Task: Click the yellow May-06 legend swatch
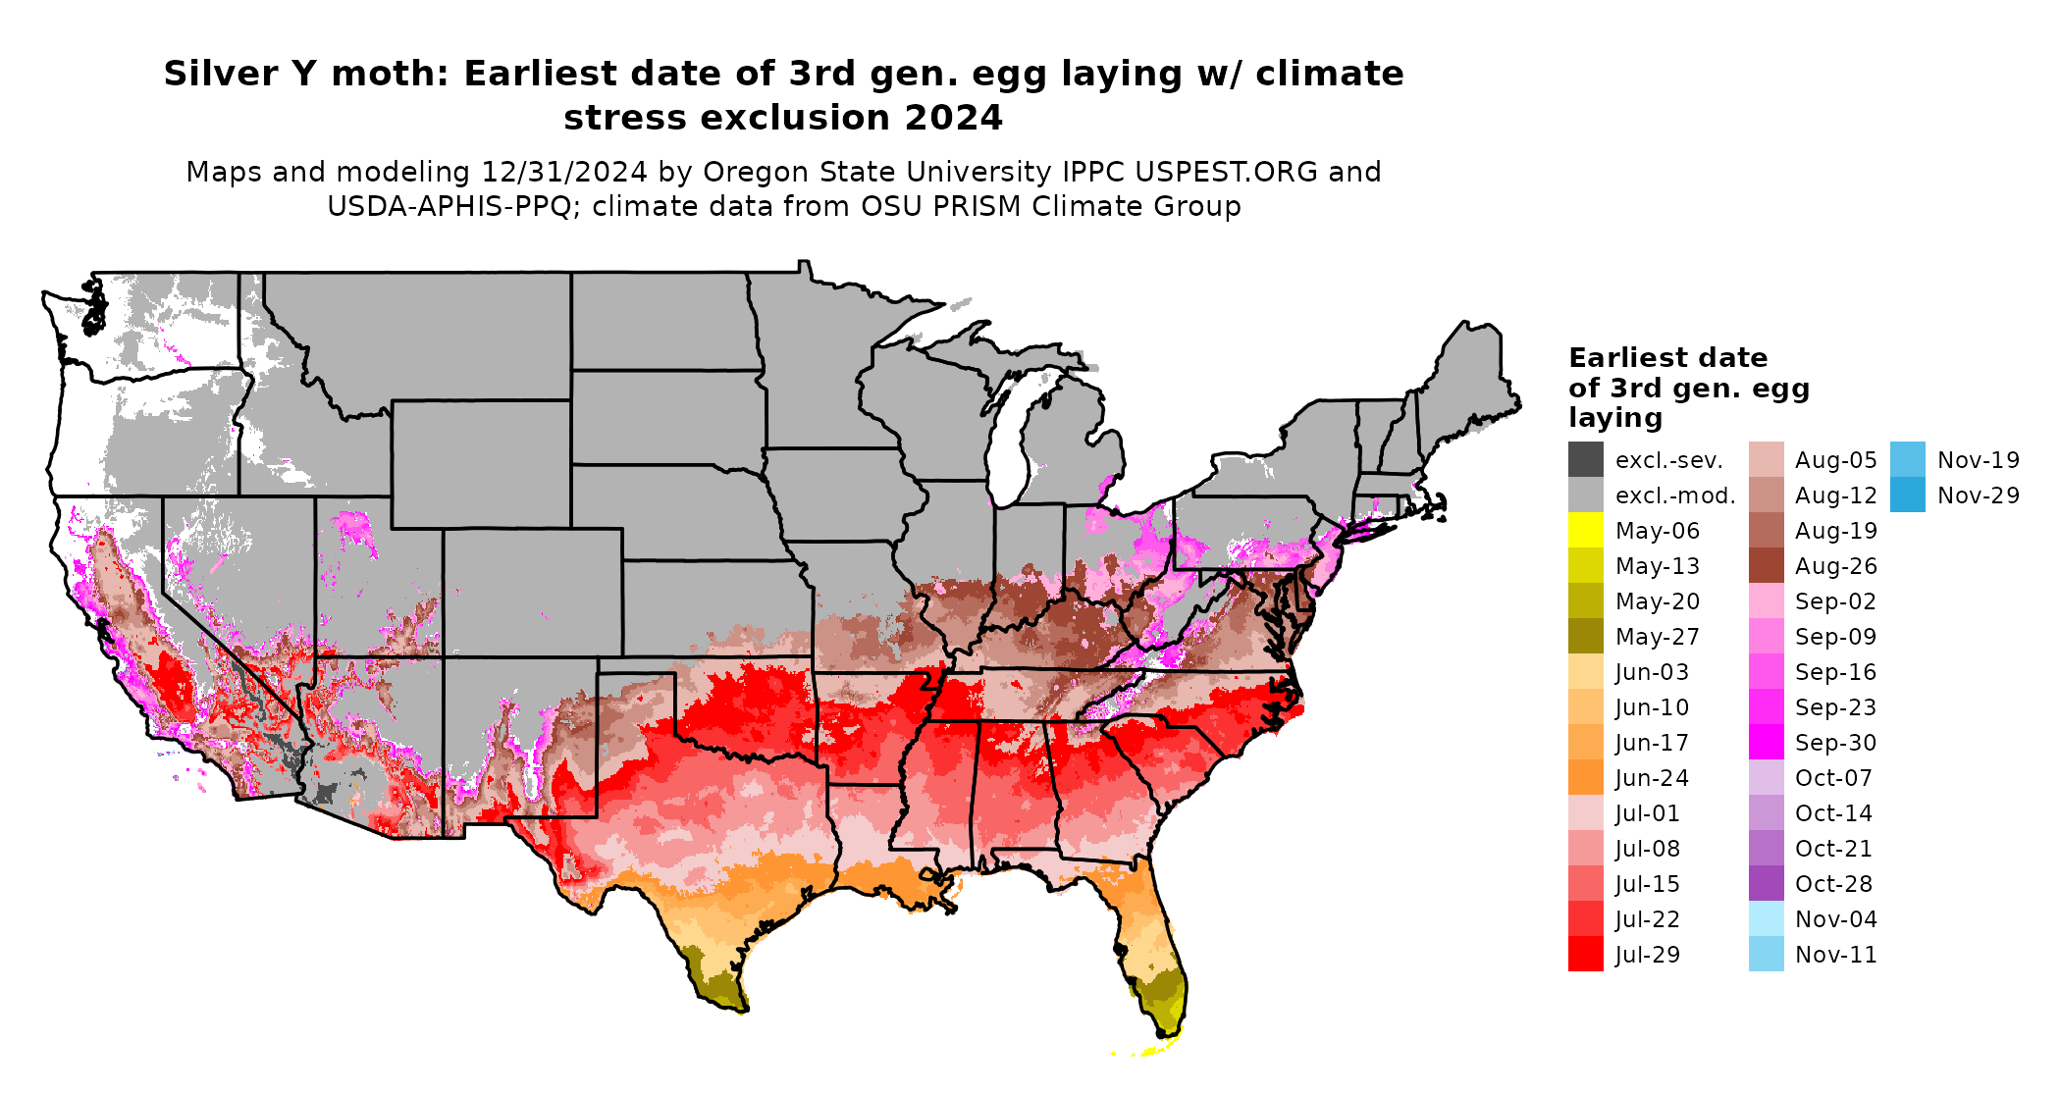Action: pyautogui.click(x=1585, y=531)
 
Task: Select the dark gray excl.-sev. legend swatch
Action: pyautogui.click(x=1585, y=460)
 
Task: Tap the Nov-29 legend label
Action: pyautogui.click(x=1978, y=495)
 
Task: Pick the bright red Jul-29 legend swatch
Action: pyautogui.click(x=1585, y=955)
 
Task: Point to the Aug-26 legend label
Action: pyautogui.click(x=1835, y=566)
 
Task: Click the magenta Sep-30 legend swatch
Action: pyautogui.click(x=1766, y=743)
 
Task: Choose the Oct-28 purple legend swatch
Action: pyautogui.click(x=1766, y=884)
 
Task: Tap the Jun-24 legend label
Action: pyautogui.click(x=1652, y=778)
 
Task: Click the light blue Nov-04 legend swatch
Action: pyautogui.click(x=1766, y=919)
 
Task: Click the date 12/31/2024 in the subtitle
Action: pyautogui.click(x=563, y=172)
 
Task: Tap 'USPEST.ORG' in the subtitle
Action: pyautogui.click(x=1226, y=172)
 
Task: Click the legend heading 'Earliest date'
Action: pyautogui.click(x=1667, y=357)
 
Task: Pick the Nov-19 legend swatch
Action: pyautogui.click(x=1907, y=460)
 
